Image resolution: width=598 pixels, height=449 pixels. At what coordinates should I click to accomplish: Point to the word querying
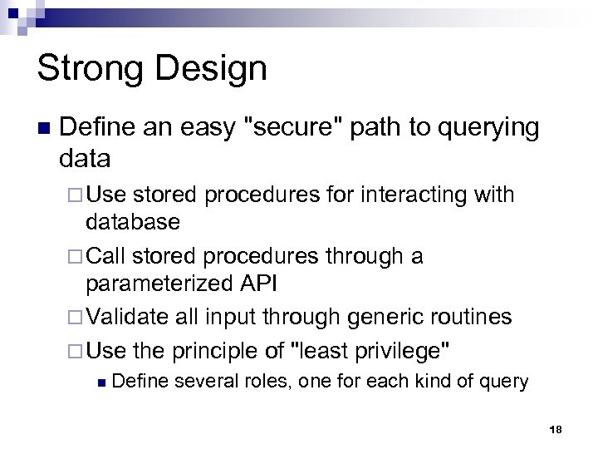coord(481,129)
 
